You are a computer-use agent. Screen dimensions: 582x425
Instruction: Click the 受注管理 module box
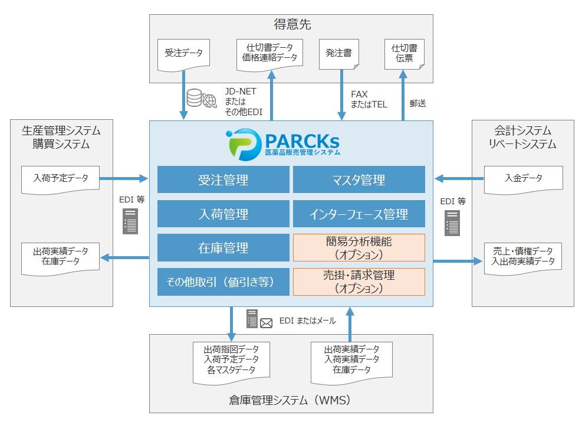click(223, 179)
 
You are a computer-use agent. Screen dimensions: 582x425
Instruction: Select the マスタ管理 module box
click(359, 179)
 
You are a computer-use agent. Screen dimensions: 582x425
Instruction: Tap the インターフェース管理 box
click(359, 214)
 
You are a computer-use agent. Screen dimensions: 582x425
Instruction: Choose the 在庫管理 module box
click(223, 247)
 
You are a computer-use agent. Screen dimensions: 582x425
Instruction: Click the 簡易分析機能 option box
click(359, 247)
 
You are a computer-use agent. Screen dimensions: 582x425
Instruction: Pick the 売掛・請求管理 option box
click(359, 282)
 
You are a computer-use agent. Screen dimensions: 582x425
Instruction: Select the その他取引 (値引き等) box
click(223, 282)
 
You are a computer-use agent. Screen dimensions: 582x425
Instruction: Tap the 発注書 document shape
click(339, 54)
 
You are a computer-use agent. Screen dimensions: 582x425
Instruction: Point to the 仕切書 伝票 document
click(404, 54)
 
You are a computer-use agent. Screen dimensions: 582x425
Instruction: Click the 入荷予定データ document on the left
click(61, 180)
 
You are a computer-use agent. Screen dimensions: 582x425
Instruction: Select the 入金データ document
click(524, 180)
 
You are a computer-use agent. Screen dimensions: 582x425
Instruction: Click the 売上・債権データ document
click(523, 259)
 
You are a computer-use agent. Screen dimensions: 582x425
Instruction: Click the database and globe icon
click(202, 99)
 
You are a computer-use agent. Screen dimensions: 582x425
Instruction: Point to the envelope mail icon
click(266, 323)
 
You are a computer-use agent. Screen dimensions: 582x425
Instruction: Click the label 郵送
click(417, 103)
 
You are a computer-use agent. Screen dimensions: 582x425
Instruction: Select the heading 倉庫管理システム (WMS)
click(290, 400)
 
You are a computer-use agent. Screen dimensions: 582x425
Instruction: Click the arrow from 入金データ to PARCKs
click(459, 179)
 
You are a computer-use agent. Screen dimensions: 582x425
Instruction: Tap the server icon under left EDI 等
click(130, 221)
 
